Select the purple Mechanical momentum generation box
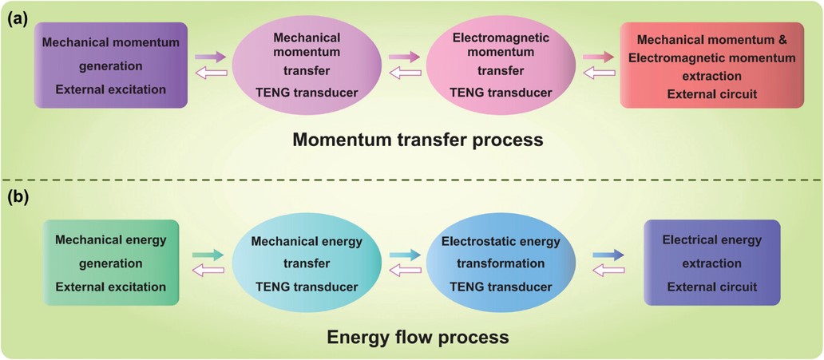point(111,65)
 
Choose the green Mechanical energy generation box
point(111,263)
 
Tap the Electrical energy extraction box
point(712,263)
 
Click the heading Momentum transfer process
point(418,140)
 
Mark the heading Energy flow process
point(418,336)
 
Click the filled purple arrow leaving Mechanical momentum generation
point(210,57)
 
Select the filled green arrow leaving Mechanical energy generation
point(208,255)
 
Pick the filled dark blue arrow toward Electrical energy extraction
point(608,255)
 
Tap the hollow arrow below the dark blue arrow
point(608,270)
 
